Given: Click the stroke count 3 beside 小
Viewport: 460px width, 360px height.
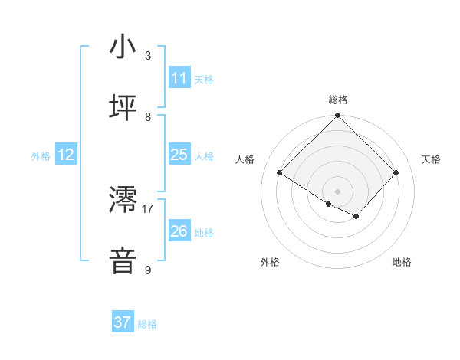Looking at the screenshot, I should (x=148, y=56).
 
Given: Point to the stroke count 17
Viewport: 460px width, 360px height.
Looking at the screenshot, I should (x=148, y=208).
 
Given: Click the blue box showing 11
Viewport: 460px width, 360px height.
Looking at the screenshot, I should (x=179, y=78).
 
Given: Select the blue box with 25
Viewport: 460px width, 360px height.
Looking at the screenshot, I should (x=179, y=155).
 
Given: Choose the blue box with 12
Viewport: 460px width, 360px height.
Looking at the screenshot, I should (x=66, y=155).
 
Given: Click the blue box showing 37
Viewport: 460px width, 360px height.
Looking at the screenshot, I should (x=123, y=322).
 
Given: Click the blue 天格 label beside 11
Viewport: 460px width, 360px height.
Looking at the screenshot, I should (x=204, y=80).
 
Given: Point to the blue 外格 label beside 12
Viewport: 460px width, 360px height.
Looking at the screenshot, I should (x=41, y=156).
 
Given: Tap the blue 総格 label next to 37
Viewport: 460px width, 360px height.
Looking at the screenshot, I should (x=147, y=324).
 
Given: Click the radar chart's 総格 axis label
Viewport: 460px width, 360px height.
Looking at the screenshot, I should (x=337, y=100).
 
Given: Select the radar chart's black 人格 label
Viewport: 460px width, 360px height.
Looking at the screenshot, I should (x=245, y=159).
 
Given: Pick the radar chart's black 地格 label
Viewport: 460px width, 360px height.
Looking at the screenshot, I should (x=402, y=262).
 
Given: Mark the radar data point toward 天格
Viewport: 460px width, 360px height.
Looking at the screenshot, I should (x=396, y=173).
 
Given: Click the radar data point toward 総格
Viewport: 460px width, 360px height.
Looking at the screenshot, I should (x=337, y=116).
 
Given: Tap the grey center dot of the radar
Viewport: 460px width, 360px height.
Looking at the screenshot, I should (x=337, y=191).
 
